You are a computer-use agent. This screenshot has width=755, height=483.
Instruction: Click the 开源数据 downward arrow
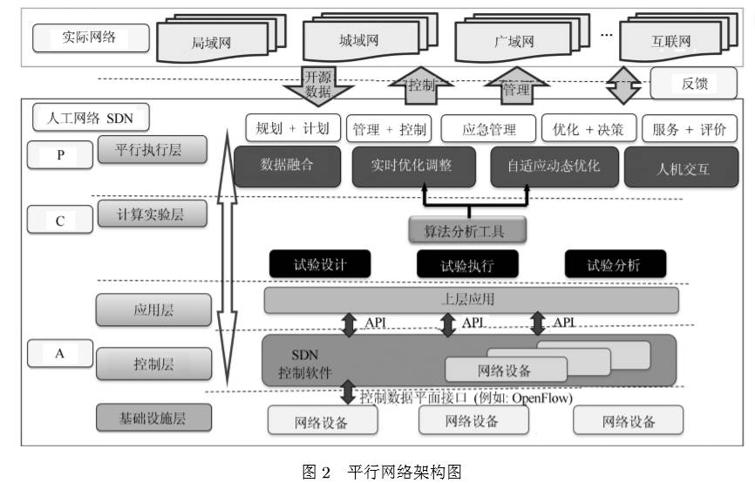(317, 84)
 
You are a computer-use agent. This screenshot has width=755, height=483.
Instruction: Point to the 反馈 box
(694, 84)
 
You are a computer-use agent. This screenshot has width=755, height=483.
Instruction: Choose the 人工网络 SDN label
(89, 116)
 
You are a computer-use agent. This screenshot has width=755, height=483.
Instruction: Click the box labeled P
(60, 154)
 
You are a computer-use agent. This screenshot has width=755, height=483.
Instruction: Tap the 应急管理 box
(489, 129)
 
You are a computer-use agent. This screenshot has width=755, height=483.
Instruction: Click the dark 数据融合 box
(287, 164)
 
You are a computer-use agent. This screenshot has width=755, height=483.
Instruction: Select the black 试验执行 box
(467, 264)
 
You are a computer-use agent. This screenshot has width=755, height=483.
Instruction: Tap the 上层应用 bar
(471, 300)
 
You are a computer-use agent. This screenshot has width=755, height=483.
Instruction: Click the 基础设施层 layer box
(153, 418)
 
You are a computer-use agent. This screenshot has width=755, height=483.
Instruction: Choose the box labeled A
(60, 353)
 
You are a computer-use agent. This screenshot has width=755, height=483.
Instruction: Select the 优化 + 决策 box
(588, 129)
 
